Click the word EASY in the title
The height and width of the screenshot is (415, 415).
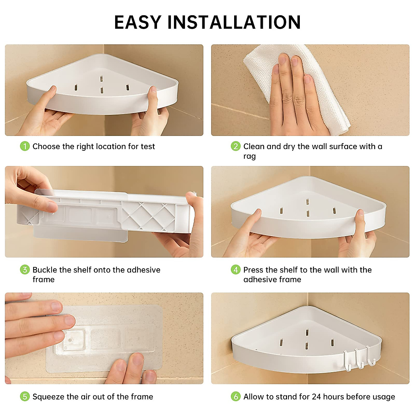(x=138, y=22)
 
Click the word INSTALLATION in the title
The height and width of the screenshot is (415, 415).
(x=234, y=22)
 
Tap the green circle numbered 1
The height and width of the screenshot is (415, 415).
(x=25, y=146)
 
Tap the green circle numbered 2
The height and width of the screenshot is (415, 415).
(x=236, y=146)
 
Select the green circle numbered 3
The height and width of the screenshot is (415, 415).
(x=25, y=270)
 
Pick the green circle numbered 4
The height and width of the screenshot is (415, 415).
(x=236, y=270)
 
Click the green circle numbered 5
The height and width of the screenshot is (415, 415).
(x=25, y=396)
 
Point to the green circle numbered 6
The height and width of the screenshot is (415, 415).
(x=236, y=396)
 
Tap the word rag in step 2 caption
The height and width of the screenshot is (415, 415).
(x=250, y=157)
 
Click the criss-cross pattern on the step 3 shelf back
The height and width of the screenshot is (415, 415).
(x=149, y=216)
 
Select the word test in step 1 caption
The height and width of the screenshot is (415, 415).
(x=148, y=147)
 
